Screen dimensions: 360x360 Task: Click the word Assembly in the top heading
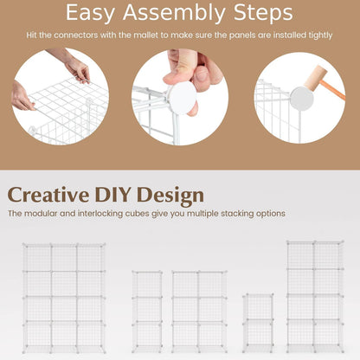(174, 13)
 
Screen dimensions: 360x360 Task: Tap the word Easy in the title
(90, 13)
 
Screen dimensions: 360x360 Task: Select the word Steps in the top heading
(263, 13)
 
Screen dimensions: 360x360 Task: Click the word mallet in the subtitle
(146, 35)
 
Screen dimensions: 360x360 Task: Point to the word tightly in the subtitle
(320, 35)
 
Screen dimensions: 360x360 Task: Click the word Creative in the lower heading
(48, 195)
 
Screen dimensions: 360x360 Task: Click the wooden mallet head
(315, 76)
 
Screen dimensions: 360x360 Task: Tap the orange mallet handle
(333, 90)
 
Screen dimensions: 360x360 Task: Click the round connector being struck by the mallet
(302, 99)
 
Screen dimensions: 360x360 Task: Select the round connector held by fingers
(183, 97)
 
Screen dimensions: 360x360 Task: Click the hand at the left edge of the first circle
(21, 97)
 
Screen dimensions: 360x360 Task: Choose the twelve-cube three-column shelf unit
(64, 299)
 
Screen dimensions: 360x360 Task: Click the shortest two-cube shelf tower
(258, 323)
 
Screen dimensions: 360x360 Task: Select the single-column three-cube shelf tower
(147, 312)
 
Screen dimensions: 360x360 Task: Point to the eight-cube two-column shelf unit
(315, 296)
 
